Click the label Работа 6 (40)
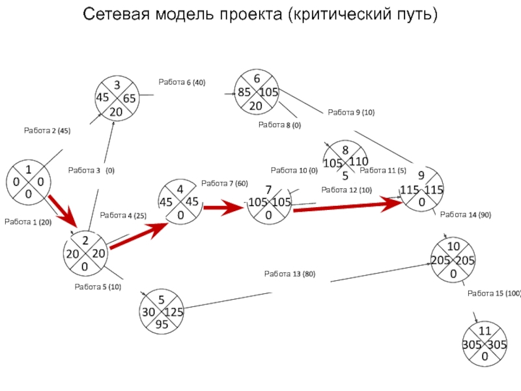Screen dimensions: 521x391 pyautogui.click(x=182, y=82)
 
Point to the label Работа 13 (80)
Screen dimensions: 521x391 pyautogui.click(x=290, y=274)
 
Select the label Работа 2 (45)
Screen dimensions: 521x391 pyautogui.click(x=47, y=130)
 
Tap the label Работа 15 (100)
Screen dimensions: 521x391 pyautogui.click(x=494, y=293)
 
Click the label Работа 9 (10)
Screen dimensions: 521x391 pyautogui.click(x=351, y=112)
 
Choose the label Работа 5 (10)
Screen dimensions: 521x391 pyautogui.click(x=98, y=287)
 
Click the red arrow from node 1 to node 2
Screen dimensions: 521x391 pyautogui.click(x=63, y=212)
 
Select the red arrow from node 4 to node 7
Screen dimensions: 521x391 pyautogui.click(x=223, y=208)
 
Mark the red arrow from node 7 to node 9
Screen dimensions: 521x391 pyautogui.click(x=348, y=205)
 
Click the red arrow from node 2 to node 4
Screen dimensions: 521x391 pyautogui.click(x=139, y=236)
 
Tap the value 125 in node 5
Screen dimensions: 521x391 pyautogui.click(x=173, y=312)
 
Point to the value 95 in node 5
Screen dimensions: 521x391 pyautogui.click(x=162, y=324)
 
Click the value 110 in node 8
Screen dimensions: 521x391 pyautogui.click(x=359, y=162)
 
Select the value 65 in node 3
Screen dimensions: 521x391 pyautogui.click(x=129, y=98)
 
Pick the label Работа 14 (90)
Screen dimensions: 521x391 pyautogui.click(x=466, y=215)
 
